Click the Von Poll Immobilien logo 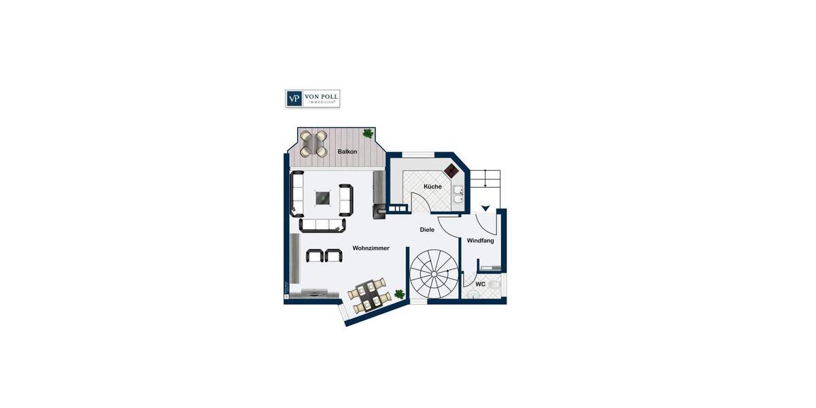(312, 99)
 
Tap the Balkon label (347, 151)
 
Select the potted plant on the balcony (368, 133)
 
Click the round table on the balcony (314, 142)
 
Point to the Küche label (432, 186)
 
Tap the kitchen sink (458, 194)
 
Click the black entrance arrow (485, 208)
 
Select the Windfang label (480, 241)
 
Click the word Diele (427, 230)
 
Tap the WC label (480, 284)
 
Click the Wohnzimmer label (371, 248)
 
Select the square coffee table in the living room (322, 198)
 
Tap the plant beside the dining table (399, 294)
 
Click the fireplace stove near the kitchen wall (378, 211)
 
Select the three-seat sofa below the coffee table (322, 225)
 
